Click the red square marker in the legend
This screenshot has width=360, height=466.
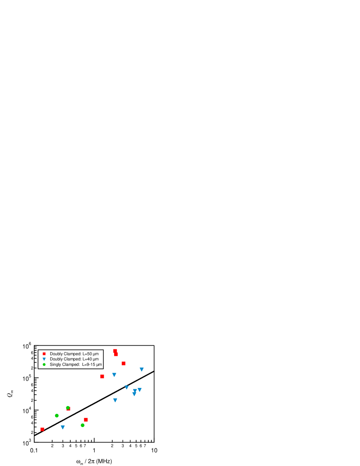coord(44,354)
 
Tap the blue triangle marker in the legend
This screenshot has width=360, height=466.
coord(44,359)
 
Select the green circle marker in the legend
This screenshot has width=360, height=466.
coord(44,365)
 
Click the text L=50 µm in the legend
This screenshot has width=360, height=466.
coord(90,354)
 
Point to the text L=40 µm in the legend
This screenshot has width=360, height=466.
coord(90,359)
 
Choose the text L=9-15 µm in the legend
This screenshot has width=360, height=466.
coord(92,365)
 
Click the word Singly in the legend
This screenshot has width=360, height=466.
coord(56,365)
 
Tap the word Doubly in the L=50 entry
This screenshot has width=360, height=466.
coord(56,354)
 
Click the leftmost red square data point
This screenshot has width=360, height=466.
coord(42,429)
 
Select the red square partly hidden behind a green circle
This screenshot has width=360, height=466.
coord(69,409)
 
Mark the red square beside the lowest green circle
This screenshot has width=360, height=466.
coord(85,420)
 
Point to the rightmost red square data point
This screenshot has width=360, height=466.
coord(123,363)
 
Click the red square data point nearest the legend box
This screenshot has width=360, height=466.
coord(102,376)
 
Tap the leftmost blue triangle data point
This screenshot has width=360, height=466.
coord(63,427)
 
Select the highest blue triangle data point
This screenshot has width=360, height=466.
coord(141,369)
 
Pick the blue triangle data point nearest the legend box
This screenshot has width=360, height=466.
coord(114,375)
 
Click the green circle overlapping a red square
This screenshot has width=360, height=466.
coord(68,407)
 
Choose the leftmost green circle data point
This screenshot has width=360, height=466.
coord(56,415)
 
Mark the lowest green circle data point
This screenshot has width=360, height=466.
coord(82,425)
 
